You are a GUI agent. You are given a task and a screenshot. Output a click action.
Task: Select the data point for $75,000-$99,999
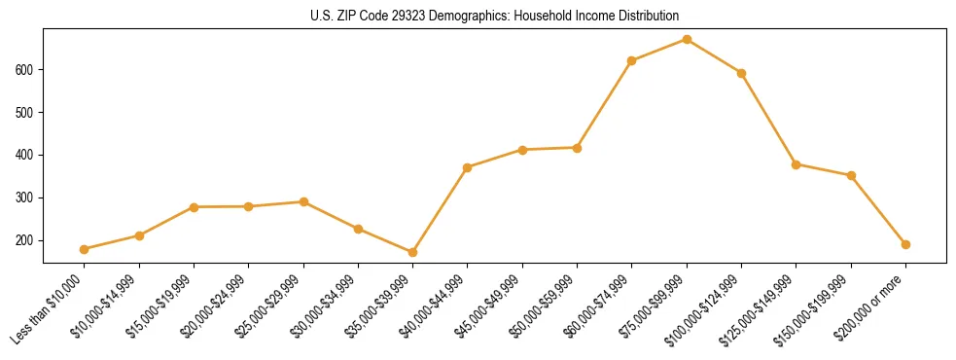[687, 39]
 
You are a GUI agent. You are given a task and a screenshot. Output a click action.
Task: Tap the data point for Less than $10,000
[85, 249]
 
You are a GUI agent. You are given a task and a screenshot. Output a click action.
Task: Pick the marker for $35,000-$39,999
[413, 252]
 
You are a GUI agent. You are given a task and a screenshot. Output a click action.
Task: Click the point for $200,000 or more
[905, 244]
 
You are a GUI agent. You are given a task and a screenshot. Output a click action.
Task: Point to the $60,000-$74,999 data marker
[632, 60]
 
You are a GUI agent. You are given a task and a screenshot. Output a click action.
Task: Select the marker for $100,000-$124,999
[741, 73]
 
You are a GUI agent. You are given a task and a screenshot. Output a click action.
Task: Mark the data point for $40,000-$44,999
[468, 167]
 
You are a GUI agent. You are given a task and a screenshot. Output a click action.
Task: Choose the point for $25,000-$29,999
[303, 201]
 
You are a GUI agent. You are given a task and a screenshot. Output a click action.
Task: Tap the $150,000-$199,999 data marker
[851, 175]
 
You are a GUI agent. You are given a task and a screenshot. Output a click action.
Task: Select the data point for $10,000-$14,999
[139, 235]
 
